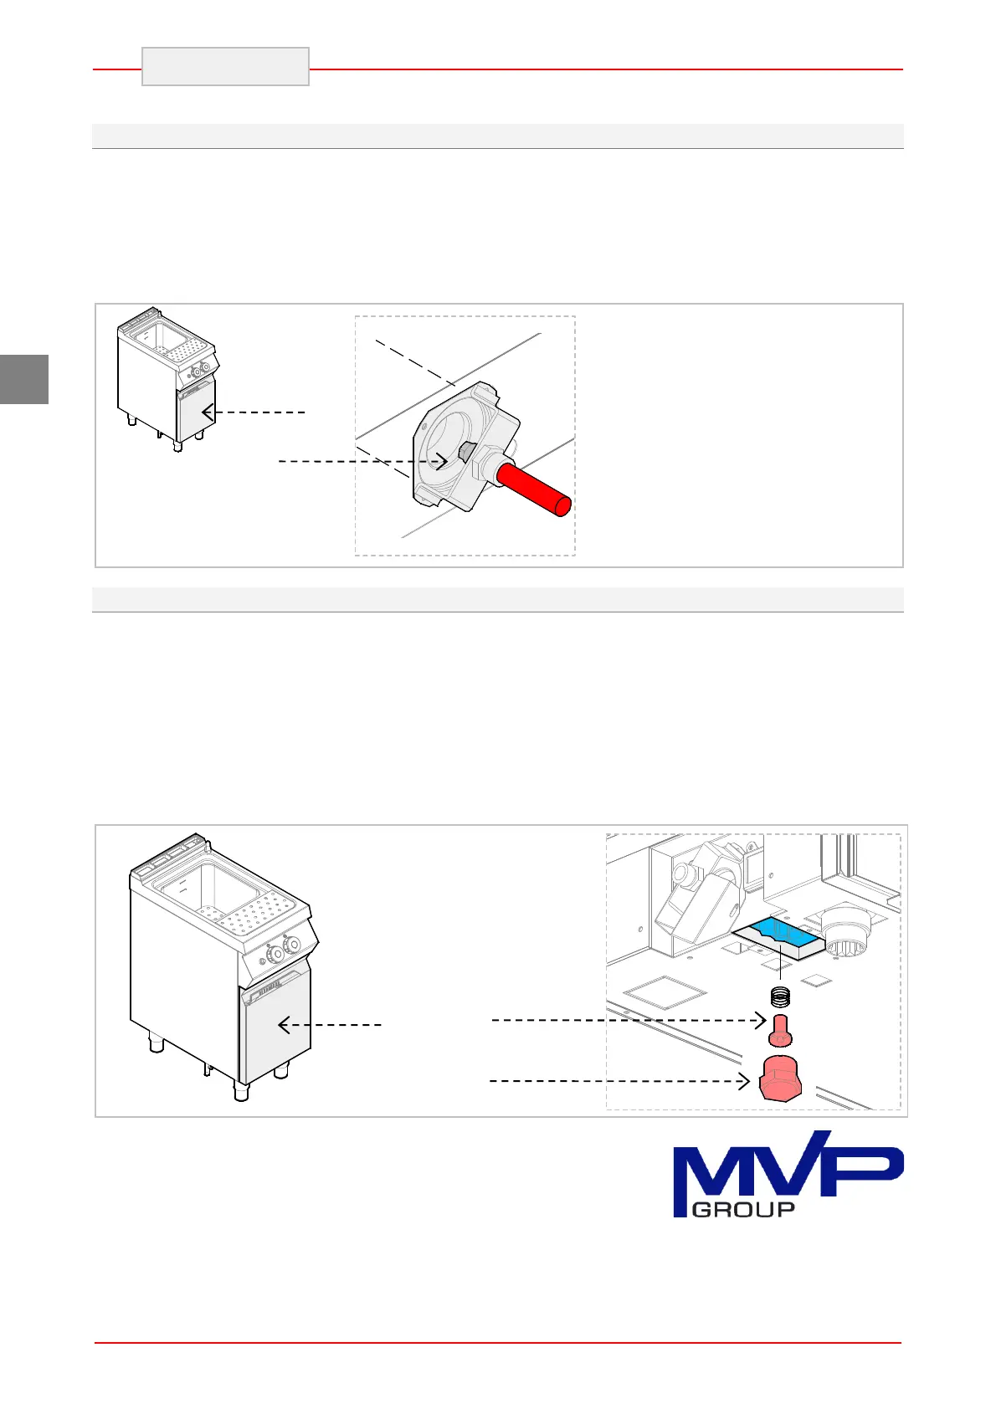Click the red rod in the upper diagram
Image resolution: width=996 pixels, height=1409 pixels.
click(533, 492)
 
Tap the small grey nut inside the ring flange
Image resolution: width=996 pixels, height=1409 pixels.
click(465, 453)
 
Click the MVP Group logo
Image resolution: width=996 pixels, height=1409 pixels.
click(788, 1173)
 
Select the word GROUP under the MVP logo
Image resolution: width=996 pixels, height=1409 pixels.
click(744, 1209)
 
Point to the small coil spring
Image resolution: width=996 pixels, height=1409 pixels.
click(780, 997)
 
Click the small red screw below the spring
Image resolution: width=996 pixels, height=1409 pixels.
click(780, 1030)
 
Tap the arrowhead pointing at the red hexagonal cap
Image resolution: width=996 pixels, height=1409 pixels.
click(744, 1082)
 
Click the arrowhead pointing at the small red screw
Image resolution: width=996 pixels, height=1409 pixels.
click(760, 1020)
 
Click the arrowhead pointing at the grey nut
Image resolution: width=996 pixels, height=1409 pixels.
click(443, 461)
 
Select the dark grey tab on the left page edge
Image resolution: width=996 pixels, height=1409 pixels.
click(23, 379)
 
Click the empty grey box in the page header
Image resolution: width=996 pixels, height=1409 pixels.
click(225, 67)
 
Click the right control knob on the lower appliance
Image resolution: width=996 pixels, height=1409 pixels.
click(292, 945)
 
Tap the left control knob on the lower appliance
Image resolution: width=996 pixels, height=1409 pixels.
click(273, 954)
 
